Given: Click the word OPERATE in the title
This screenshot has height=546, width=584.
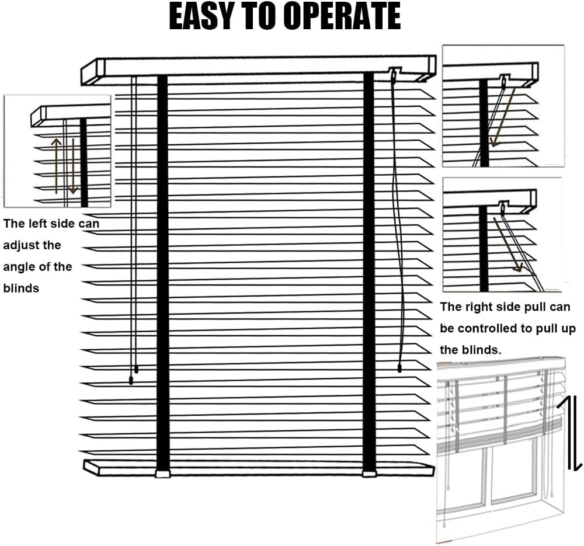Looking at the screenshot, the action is pos(343,16).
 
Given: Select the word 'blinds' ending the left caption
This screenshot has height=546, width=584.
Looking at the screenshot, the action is pos(21,288).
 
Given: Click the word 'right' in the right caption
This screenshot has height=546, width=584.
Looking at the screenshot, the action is pos(484,307).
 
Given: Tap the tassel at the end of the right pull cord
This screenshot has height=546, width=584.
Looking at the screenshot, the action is pos(399,368).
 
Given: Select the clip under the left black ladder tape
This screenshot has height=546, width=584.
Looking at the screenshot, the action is pos(162,474).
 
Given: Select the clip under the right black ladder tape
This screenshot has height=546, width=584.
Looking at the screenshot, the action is pos(369,474).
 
